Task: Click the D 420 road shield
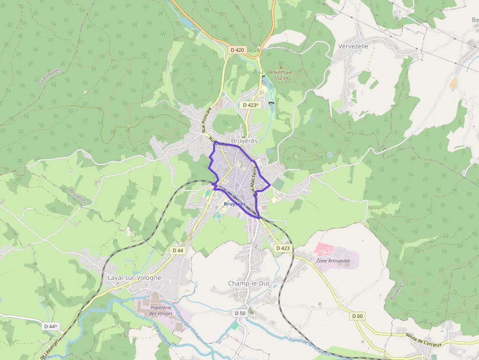(x=237, y=50)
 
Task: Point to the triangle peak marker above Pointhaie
(x=281, y=67)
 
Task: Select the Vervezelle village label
(x=353, y=46)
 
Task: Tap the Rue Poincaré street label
(x=206, y=120)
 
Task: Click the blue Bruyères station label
(x=235, y=204)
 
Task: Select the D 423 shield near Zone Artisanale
(x=283, y=248)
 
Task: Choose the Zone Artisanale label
(x=333, y=261)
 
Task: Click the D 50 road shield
(x=239, y=313)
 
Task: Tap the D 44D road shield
(x=50, y=326)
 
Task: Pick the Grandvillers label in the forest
(x=51, y=75)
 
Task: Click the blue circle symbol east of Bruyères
(x=330, y=155)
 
